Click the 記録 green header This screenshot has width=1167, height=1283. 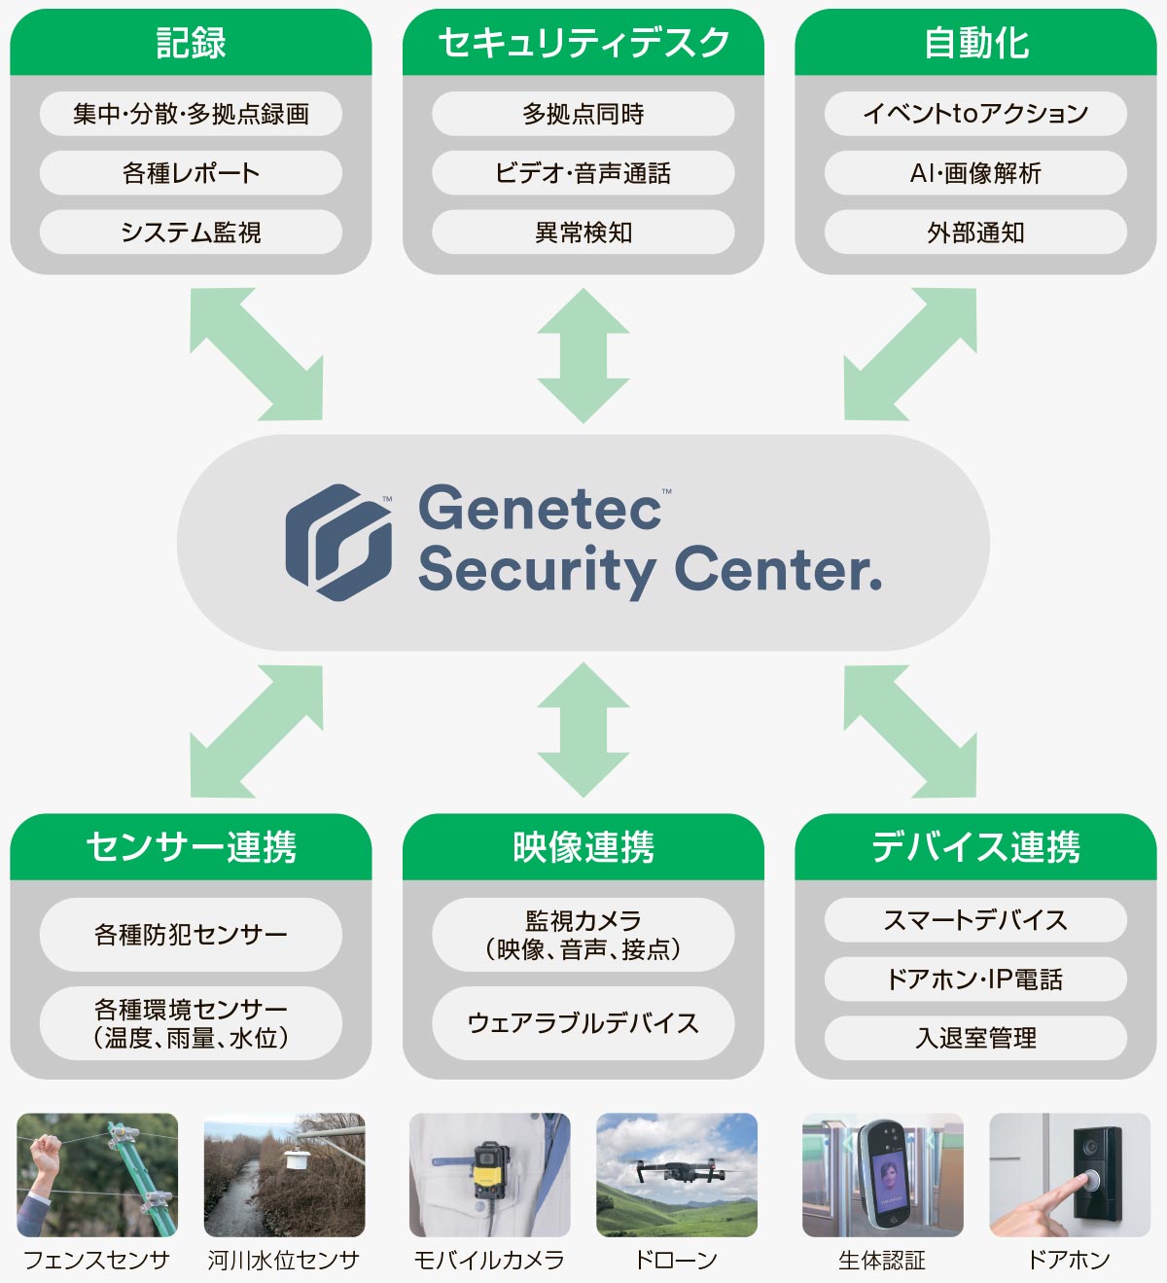[x=191, y=43]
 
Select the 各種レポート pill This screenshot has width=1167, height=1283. [x=191, y=173]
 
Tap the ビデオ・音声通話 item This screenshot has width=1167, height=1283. [x=583, y=173]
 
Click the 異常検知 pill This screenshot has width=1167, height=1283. [x=583, y=232]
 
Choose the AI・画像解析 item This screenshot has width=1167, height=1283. [x=975, y=173]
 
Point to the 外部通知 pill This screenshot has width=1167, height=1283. [x=975, y=232]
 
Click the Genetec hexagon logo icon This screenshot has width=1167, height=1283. [x=338, y=542]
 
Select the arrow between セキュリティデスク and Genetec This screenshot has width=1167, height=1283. [x=583, y=355]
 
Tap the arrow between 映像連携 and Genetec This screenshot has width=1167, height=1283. [x=583, y=730]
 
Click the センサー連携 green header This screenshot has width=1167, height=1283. [x=191, y=846]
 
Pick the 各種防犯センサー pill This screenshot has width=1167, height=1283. [x=191, y=935]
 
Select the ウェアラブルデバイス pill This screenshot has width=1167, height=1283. [x=583, y=1023]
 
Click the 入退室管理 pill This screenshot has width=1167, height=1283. [x=975, y=1038]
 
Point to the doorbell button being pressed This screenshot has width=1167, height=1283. [x=1092, y=1181]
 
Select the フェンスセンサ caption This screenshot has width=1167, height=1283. [x=95, y=1260]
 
